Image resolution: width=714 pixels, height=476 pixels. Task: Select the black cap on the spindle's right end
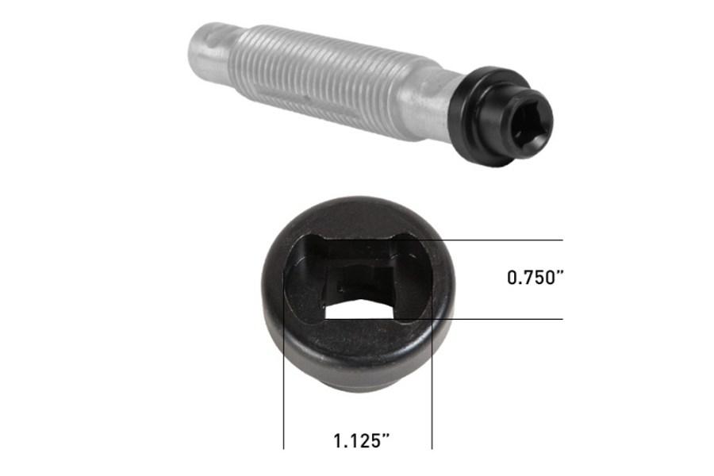click(x=488, y=119)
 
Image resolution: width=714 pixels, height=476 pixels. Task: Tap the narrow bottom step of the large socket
click(x=357, y=384)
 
